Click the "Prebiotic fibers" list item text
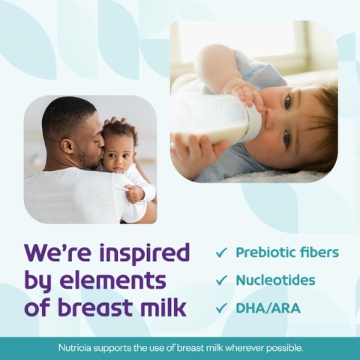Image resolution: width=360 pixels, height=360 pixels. click(286, 253)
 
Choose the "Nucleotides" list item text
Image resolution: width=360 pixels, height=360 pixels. click(275, 280)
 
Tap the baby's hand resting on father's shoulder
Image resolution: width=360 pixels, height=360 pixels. click(135, 193)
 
